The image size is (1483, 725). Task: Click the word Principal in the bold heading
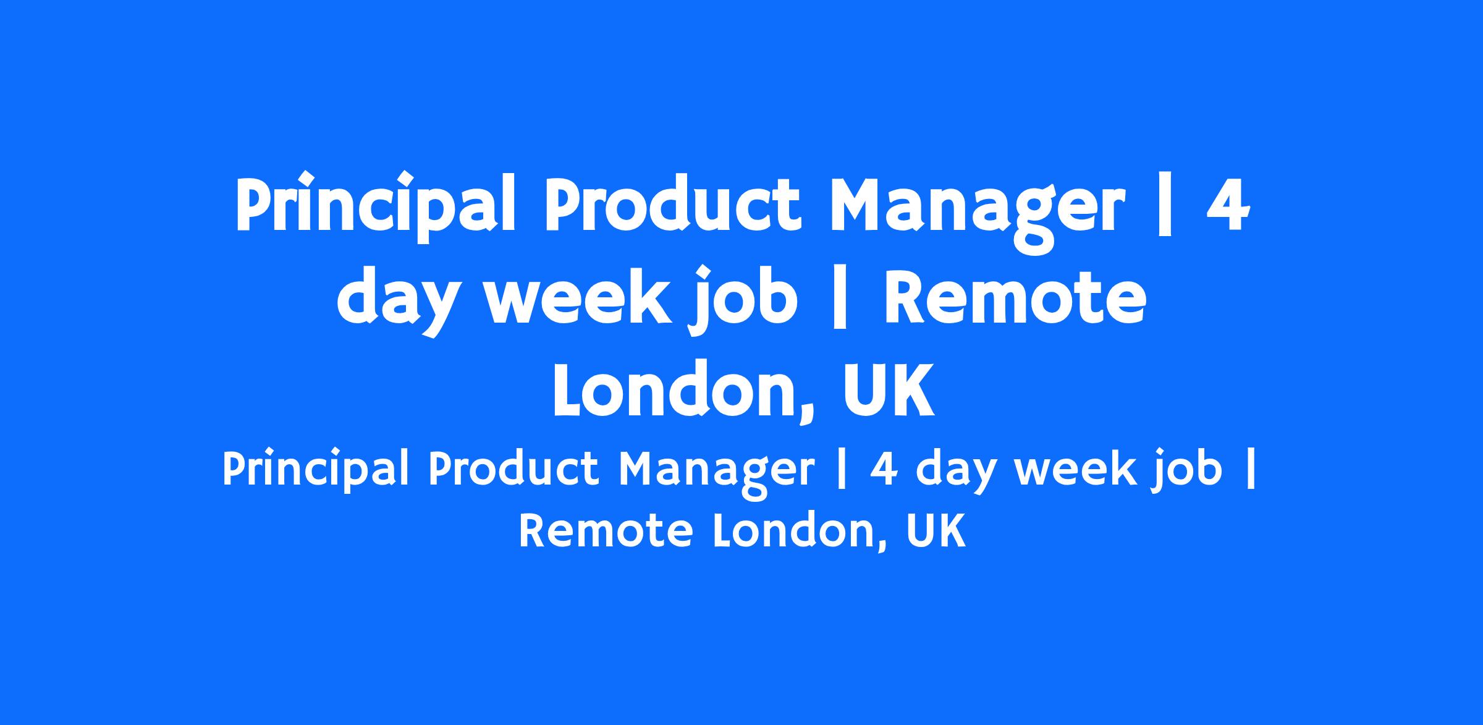(375, 206)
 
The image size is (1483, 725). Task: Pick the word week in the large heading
(578, 297)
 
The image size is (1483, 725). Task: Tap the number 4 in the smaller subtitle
(886, 470)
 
